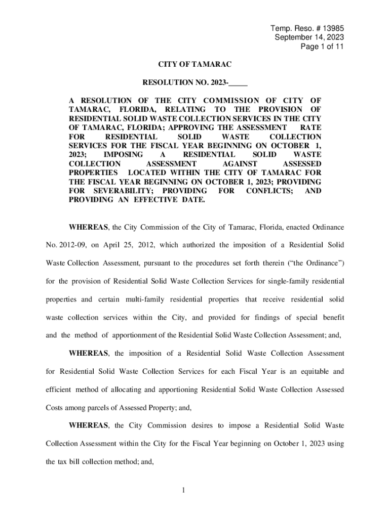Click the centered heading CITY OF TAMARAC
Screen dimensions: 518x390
[x=195, y=65]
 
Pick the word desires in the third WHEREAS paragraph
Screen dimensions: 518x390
[x=200, y=425]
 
